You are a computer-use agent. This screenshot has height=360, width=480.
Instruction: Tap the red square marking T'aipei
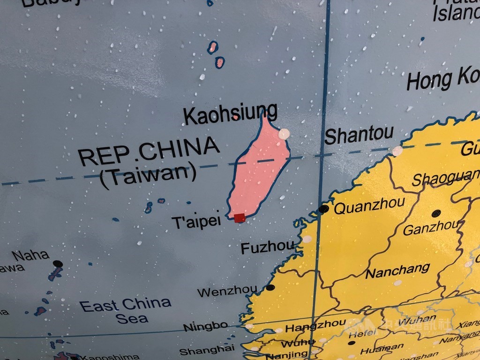pyautogui.click(x=240, y=217)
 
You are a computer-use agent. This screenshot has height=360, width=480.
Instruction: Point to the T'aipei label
pyautogui.click(x=196, y=222)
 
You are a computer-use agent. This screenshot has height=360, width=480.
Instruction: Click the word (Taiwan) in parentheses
pyautogui.click(x=148, y=177)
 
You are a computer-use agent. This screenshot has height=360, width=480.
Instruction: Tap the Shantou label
pyautogui.click(x=359, y=135)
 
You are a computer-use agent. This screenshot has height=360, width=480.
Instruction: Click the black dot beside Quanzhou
pyautogui.click(x=323, y=209)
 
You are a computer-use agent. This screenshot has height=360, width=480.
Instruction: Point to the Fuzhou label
pyautogui.click(x=268, y=247)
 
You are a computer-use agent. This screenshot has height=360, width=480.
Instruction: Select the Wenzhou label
pyautogui.click(x=227, y=292)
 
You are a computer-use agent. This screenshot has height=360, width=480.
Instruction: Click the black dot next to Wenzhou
pyautogui.click(x=270, y=287)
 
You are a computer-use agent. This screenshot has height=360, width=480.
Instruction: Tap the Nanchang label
pyautogui.click(x=398, y=270)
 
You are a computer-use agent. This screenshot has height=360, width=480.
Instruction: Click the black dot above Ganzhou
pyautogui.click(x=436, y=213)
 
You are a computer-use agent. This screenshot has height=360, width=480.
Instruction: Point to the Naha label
pyautogui.click(x=31, y=255)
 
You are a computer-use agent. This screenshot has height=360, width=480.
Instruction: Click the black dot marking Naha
pyautogui.click(x=58, y=264)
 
